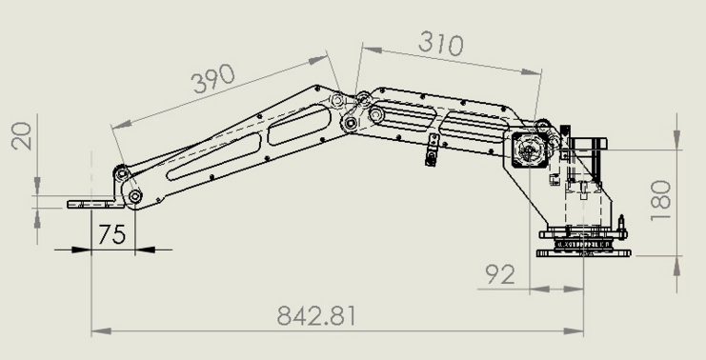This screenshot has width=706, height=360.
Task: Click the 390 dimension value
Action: pyautogui.click(x=213, y=78)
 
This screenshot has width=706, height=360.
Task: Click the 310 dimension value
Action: pyautogui.click(x=441, y=44)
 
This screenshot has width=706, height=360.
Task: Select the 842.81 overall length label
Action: pyautogui.click(x=316, y=315)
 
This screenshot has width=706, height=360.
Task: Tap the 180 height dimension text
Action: pyautogui.click(x=661, y=200)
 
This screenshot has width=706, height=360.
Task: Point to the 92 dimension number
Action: pyautogui.click(x=500, y=274)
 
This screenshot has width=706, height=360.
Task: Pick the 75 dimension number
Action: pyautogui.click(x=112, y=234)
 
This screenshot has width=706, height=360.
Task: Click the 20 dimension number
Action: pyautogui.click(x=22, y=136)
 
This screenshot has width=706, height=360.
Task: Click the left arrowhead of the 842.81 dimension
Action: pyautogui.click(x=101, y=331)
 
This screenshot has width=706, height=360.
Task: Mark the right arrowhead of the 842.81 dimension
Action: pyautogui.click(x=575, y=331)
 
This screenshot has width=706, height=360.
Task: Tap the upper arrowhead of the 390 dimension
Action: pyautogui.click(x=318, y=59)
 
